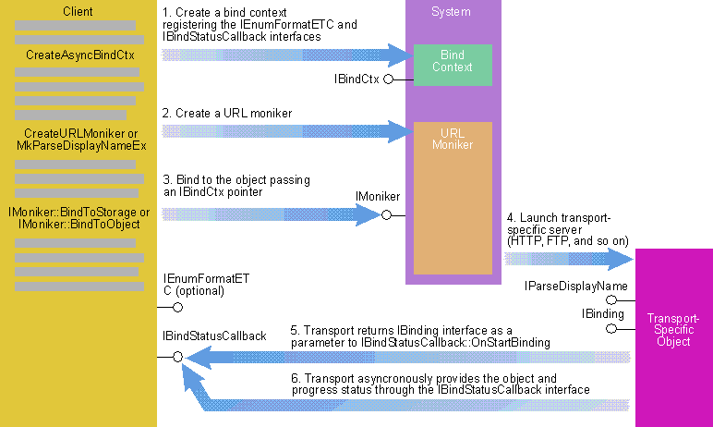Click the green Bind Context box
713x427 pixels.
453,65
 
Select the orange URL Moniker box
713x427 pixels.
453,198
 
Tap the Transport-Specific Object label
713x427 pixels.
673,330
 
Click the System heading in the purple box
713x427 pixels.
451,11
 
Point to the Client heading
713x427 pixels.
78,11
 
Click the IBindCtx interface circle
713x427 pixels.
388,79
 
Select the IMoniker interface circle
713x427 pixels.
386,214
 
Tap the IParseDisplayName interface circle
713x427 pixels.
611,300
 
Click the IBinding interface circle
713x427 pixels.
611,329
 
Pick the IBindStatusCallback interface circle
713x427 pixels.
178,357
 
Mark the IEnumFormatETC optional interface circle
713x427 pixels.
178,307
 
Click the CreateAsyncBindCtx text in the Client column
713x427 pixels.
80,55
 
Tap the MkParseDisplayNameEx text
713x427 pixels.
82,146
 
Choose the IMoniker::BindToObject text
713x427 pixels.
79,225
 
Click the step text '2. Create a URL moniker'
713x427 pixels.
227,113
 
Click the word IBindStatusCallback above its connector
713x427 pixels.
214,335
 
